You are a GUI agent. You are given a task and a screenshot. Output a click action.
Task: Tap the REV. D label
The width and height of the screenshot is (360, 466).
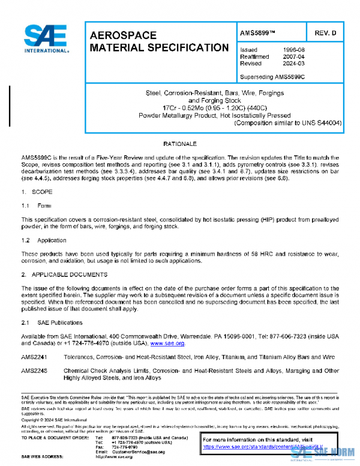point(325,34)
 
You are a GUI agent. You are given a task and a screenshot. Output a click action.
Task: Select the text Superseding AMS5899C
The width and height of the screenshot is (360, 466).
point(272,76)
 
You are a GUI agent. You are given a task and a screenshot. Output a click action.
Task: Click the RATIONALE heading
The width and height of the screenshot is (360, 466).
point(180,145)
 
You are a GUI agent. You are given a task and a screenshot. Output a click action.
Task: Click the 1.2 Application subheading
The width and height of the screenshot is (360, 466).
point(43,240)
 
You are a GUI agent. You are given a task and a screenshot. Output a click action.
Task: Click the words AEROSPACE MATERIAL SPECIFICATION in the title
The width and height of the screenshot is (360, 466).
point(158,41)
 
